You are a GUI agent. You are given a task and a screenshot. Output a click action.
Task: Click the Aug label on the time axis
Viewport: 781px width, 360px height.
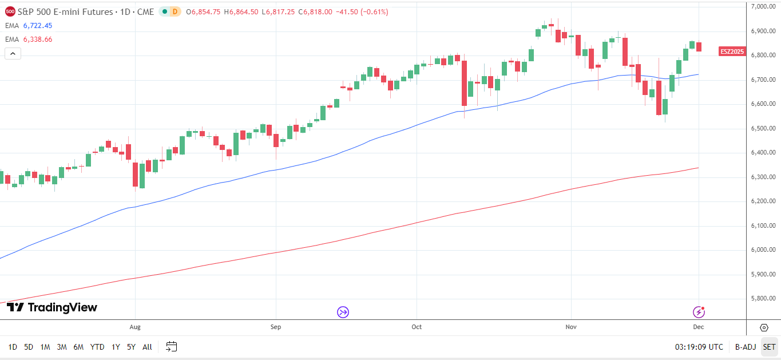(x=135, y=327)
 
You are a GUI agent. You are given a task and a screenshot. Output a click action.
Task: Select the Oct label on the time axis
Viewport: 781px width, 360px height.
(x=417, y=327)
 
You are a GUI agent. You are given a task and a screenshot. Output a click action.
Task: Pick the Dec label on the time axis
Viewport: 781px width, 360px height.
(x=699, y=327)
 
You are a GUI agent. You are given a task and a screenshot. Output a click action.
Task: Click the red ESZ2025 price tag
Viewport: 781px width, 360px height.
(x=732, y=52)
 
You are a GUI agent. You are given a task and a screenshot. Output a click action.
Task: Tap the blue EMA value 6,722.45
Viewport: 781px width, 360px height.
(x=38, y=26)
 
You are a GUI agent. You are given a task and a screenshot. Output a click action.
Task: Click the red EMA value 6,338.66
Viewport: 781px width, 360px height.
(x=38, y=39)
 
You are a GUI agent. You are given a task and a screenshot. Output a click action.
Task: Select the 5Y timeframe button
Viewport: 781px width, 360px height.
(x=131, y=347)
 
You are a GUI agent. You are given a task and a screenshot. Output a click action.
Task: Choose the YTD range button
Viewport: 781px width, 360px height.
(x=97, y=347)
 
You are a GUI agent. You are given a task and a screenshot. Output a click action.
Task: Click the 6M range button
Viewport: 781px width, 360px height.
(x=78, y=347)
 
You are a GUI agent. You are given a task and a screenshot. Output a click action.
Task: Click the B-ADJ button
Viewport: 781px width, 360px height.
(x=746, y=347)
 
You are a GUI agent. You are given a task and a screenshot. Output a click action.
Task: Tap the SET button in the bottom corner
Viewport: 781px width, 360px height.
(x=769, y=347)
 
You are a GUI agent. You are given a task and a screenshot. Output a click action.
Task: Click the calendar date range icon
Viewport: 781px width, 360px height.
(x=172, y=346)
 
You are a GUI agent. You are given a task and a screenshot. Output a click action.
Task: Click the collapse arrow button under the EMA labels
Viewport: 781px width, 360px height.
(x=13, y=54)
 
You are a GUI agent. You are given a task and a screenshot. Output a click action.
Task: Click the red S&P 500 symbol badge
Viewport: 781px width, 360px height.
(x=10, y=11)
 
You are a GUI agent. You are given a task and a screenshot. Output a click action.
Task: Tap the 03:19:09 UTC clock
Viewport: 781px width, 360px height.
(x=699, y=347)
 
